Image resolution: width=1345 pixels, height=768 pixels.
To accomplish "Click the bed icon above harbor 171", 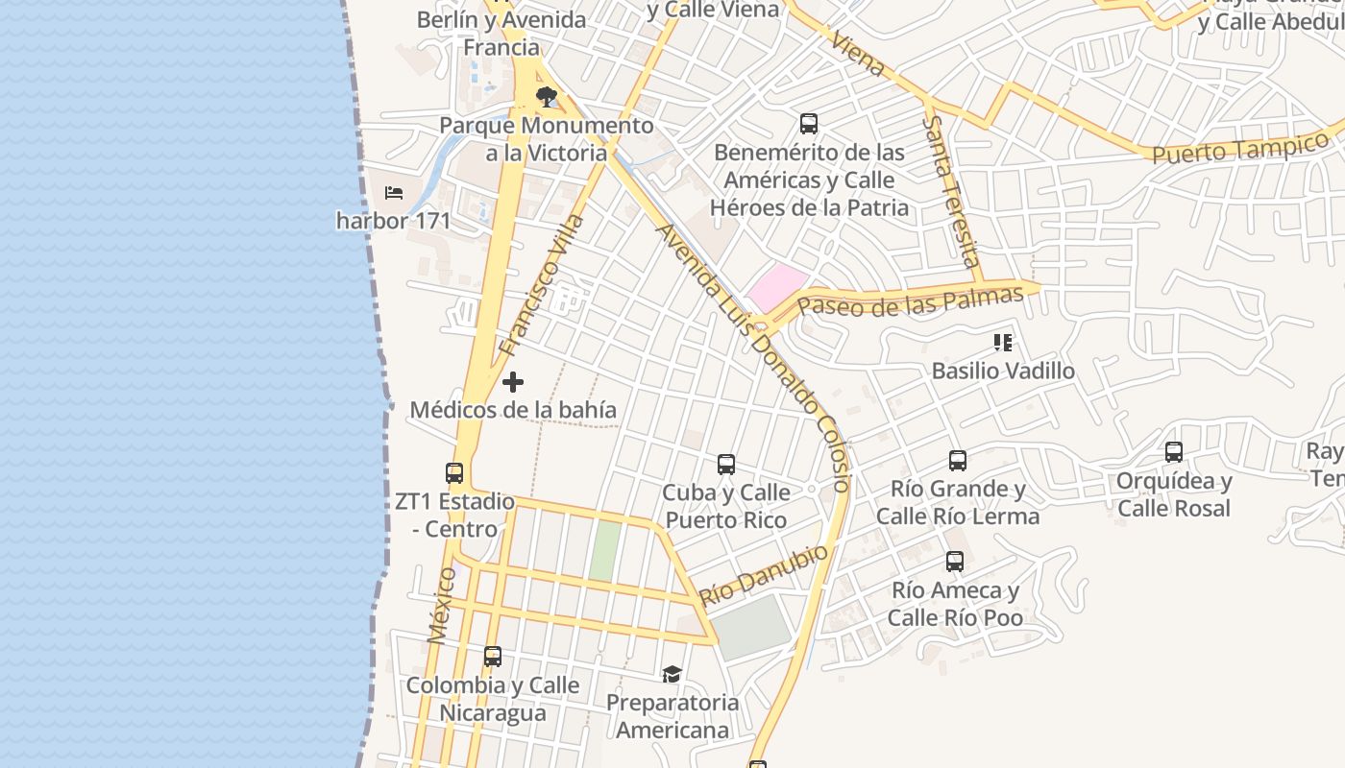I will tap(394, 192).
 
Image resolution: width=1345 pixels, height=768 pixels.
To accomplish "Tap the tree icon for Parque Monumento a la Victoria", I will tap(547, 96).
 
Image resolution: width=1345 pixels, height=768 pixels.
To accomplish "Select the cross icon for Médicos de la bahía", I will tap(513, 382).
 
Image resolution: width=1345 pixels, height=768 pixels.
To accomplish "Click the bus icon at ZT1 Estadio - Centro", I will tap(454, 472).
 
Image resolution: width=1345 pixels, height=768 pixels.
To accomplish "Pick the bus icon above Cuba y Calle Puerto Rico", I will tap(726, 465).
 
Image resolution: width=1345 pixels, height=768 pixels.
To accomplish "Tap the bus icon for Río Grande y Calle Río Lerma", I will tap(958, 461).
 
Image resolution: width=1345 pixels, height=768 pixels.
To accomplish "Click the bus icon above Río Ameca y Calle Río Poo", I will tap(955, 562).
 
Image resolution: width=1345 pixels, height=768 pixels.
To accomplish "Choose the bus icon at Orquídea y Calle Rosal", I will tap(1174, 452).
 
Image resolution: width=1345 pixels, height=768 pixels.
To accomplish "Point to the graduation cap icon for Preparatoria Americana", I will tap(672, 675).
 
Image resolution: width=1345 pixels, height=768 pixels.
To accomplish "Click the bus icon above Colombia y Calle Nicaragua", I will tap(493, 657).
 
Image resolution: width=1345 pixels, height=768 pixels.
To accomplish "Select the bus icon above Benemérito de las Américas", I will tap(809, 124).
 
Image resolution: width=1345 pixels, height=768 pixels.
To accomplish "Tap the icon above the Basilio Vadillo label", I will tap(1003, 343).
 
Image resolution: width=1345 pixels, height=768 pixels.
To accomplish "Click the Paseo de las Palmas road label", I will tap(910, 301).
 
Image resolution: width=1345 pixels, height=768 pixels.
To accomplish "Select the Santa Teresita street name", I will tap(950, 192).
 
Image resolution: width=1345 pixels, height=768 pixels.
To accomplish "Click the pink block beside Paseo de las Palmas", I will tap(776, 287).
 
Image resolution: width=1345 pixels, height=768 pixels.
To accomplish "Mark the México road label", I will tap(441, 605).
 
